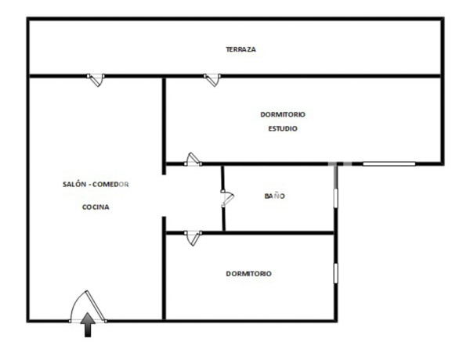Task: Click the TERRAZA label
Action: click(240, 49)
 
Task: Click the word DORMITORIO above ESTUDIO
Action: click(283, 114)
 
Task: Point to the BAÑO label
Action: click(274, 196)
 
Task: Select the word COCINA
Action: click(96, 207)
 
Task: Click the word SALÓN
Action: click(75, 184)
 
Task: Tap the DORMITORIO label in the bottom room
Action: click(248, 274)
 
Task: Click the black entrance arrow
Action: click(88, 324)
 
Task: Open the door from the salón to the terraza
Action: click(95, 78)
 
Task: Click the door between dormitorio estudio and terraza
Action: click(211, 78)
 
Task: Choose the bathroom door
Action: click(226, 199)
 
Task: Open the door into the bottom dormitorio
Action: click(193, 236)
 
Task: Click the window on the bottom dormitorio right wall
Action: click(336, 272)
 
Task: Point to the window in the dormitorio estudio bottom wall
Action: click(389, 164)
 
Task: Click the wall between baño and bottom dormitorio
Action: click(274, 232)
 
